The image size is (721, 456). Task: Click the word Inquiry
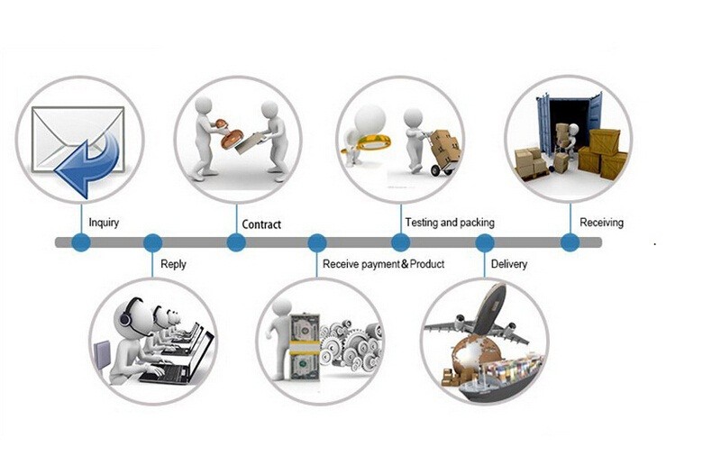pos(104,222)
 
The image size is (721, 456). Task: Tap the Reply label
pos(173,264)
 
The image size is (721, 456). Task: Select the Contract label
pos(261,223)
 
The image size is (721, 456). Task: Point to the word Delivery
pos(509,264)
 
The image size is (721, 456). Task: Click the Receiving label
pos(601,222)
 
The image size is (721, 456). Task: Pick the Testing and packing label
pos(450,222)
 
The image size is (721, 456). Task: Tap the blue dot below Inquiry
pos(81,242)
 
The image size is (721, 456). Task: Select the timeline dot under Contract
pos(236,242)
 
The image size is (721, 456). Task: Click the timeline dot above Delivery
pos(485,242)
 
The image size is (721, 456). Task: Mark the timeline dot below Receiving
pos(570,242)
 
